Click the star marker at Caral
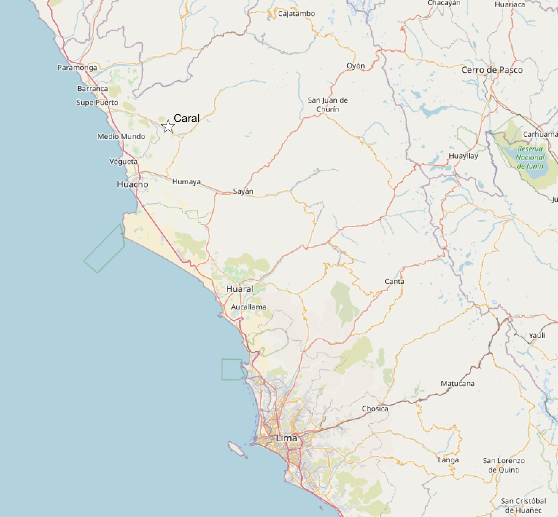168,126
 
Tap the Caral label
187,118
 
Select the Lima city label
287,438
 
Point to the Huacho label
132,184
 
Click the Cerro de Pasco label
492,70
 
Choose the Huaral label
240,289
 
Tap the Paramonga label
77,67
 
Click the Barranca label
93,88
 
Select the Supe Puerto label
97,103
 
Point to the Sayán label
243,191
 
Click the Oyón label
356,66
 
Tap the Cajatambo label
297,14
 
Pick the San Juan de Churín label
328,104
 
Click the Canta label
394,281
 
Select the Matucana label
457,383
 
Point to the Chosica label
375,409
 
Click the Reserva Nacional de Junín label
530,158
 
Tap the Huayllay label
463,156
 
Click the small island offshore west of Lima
236,449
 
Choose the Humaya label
186,181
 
